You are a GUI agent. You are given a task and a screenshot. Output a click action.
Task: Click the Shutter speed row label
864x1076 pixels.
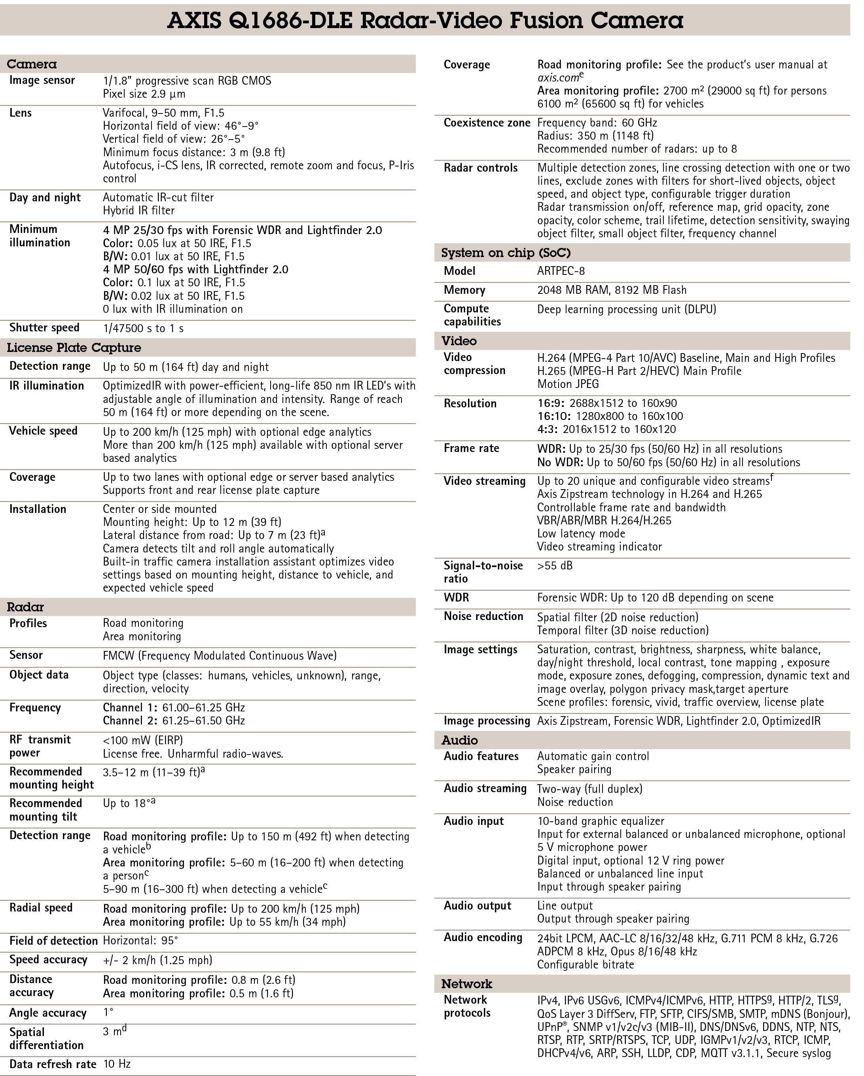click(44, 327)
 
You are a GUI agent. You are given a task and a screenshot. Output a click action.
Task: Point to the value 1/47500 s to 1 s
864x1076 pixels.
click(143, 328)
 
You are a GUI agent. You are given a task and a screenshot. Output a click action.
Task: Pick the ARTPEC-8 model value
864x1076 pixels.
click(561, 271)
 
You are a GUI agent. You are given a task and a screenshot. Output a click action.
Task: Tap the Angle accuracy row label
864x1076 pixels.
click(48, 1013)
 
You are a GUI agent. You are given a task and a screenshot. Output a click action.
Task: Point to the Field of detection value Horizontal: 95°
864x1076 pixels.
click(140, 941)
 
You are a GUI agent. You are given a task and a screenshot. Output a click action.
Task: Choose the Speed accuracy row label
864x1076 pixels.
click(48, 960)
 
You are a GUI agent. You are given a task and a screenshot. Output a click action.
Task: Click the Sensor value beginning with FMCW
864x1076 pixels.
click(220, 655)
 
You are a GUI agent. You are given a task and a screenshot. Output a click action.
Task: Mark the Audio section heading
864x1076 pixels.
click(459, 740)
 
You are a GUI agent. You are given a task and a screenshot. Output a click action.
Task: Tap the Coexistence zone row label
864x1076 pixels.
click(487, 123)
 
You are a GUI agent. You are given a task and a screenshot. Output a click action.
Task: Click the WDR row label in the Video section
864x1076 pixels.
click(456, 598)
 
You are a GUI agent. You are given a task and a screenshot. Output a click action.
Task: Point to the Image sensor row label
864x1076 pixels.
click(42, 80)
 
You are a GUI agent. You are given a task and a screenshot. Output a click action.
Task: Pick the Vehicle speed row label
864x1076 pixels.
click(44, 431)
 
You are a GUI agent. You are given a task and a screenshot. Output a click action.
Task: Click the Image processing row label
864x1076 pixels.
click(487, 720)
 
